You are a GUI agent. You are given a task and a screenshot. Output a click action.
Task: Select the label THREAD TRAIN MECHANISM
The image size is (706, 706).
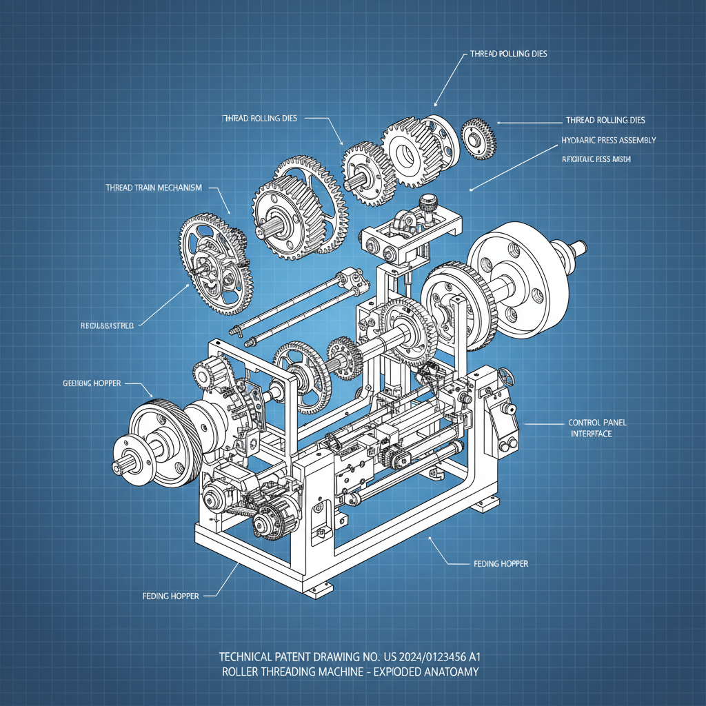154,188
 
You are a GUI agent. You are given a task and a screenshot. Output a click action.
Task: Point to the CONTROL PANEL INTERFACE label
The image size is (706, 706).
597,428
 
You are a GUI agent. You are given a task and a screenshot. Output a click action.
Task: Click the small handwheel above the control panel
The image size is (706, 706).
508,379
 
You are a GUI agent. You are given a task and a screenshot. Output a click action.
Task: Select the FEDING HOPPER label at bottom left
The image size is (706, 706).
170,596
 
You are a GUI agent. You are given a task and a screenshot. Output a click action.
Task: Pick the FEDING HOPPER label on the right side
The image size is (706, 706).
501,564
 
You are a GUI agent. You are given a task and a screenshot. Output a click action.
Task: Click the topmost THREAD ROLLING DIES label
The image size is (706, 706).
508,54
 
